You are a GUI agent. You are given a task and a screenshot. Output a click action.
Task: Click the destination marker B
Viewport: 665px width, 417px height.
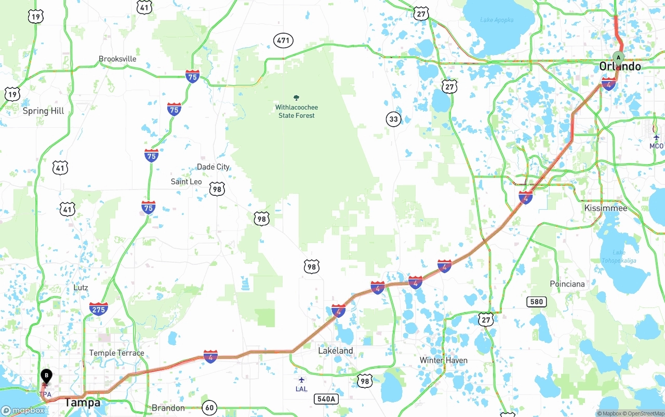46,375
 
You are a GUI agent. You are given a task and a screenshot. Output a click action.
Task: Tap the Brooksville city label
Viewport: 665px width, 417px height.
117,59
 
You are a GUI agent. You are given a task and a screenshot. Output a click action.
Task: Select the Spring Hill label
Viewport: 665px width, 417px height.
43,111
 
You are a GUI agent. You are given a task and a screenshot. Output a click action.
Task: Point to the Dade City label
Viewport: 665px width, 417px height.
213,167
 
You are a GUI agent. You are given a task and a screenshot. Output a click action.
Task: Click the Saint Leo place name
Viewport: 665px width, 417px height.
186,182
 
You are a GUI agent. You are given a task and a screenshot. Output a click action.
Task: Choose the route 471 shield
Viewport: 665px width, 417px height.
284,41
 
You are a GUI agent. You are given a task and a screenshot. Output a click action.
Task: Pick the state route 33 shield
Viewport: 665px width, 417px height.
394,119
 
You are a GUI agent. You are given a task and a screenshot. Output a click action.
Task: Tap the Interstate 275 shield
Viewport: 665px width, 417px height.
99,309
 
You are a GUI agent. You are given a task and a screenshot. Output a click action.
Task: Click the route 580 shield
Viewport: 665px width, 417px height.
536,302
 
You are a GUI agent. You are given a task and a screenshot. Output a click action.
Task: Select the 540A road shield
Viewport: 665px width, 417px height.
326,399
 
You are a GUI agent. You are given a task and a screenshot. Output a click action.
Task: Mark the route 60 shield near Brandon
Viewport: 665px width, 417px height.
209,408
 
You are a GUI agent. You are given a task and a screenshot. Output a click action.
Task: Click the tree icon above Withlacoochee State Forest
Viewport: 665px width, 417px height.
297,98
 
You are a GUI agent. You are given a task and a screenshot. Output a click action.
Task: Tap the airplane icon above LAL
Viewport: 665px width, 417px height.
301,380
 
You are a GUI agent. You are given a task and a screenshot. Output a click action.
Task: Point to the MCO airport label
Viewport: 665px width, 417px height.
656,146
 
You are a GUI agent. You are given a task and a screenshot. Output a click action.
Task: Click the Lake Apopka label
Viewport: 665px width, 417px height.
497,20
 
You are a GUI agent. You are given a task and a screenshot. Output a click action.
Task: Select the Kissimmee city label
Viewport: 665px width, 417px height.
605,208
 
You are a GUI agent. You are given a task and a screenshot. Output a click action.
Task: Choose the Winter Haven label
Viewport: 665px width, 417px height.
443,360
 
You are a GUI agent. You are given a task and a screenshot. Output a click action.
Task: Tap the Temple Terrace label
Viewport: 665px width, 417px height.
116,353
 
